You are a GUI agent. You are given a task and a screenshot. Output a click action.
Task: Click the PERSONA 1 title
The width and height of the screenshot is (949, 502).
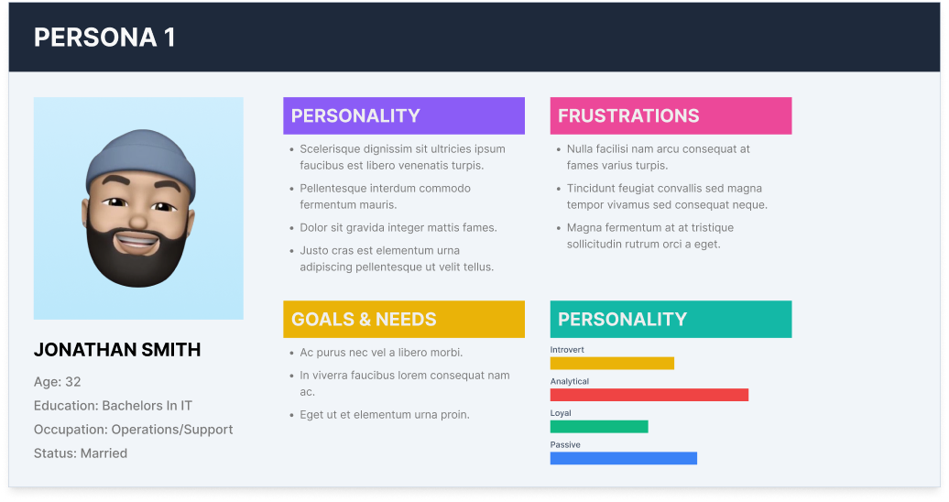tap(104, 38)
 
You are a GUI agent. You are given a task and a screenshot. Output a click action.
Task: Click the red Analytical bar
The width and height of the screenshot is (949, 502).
tap(649, 395)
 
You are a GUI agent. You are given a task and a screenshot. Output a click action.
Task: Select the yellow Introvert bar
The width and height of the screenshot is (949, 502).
tap(612, 364)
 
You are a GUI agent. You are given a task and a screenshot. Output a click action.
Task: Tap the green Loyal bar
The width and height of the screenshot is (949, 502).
tap(599, 426)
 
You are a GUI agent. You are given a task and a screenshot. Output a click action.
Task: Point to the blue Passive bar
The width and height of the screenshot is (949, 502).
tap(624, 458)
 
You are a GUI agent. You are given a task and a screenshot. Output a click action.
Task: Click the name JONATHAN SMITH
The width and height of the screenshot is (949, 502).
tap(117, 350)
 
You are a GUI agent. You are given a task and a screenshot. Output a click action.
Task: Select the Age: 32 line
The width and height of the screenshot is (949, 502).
tap(58, 382)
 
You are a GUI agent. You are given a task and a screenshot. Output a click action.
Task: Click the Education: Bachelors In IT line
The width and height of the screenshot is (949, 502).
tap(114, 406)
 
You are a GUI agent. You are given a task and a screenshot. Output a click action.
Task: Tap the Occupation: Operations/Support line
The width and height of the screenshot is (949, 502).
tap(133, 430)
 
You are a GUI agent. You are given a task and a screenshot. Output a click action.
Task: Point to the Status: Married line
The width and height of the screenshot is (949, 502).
tap(81, 453)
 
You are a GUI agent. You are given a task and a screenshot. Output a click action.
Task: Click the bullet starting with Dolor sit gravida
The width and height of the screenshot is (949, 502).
tap(398, 228)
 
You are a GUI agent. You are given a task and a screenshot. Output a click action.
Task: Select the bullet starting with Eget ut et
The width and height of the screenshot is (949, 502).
tap(385, 415)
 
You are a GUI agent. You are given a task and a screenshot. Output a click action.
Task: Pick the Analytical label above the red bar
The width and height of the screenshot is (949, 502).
tap(570, 381)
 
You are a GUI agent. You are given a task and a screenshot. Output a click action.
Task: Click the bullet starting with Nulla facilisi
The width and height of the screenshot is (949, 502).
tap(658, 157)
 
